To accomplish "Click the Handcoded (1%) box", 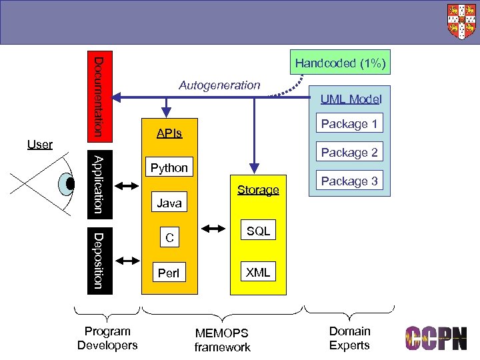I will [x=340, y=63].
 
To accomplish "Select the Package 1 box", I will [x=349, y=124].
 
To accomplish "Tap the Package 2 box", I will [x=349, y=153].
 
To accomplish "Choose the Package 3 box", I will [x=349, y=181].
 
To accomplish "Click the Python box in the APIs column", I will [x=169, y=168].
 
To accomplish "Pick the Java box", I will [x=169, y=203].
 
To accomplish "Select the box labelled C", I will [x=169, y=237].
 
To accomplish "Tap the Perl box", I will [x=169, y=273].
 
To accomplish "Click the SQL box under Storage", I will [x=258, y=231].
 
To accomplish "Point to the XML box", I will [x=258, y=272].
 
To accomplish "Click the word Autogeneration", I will [x=219, y=85].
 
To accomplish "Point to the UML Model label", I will [x=351, y=99].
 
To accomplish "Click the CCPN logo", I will [x=437, y=338].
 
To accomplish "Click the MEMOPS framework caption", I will [x=222, y=340].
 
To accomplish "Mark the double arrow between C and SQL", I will [x=213, y=230].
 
